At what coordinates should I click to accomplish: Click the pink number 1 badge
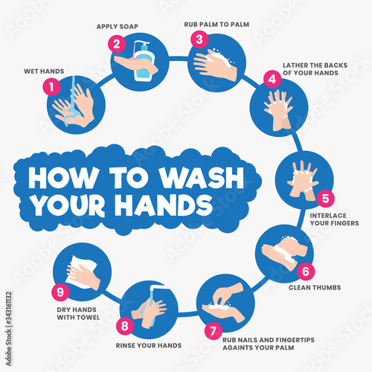tap(51, 86)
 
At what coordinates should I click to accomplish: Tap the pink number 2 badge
tap(117, 44)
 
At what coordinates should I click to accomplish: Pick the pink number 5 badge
tap(324, 199)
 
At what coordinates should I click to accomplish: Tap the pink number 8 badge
tap(125, 326)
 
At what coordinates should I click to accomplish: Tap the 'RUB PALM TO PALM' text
tap(216, 24)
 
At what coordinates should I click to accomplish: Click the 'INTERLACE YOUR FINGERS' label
tap(330, 219)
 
